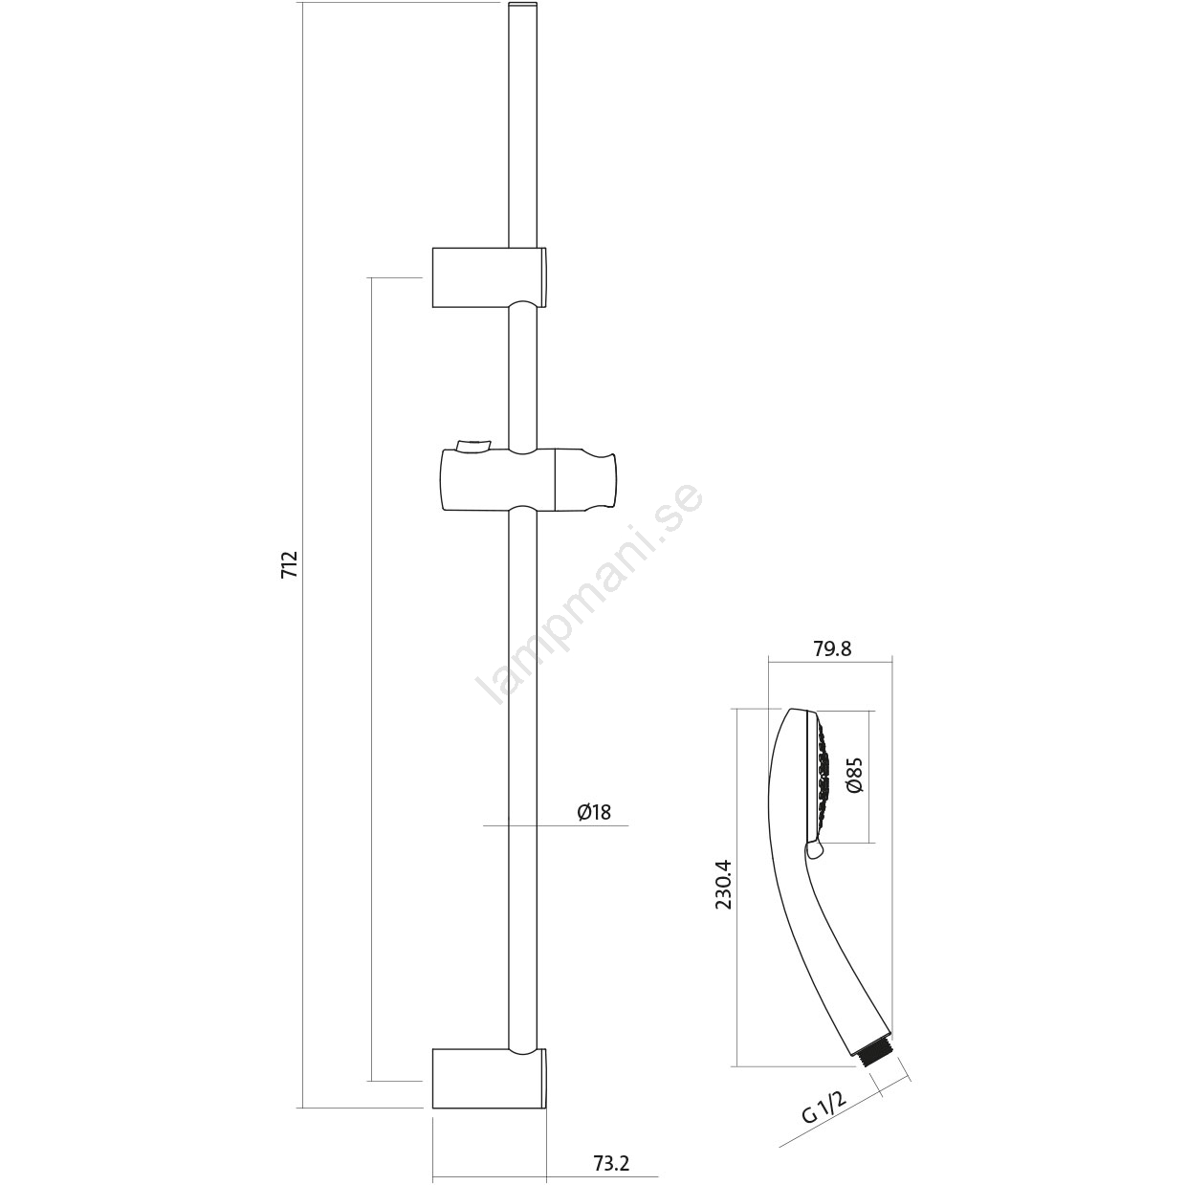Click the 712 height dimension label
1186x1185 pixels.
[x=289, y=564]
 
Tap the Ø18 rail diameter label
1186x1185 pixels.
[x=595, y=812]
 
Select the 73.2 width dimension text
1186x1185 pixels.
[x=612, y=1146]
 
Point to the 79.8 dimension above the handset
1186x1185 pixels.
[x=834, y=648]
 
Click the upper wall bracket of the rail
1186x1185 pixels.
[x=490, y=277]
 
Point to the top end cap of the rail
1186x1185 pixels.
[x=524, y=6]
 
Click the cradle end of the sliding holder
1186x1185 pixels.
[x=585, y=480]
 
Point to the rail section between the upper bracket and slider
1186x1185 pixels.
[x=524, y=377]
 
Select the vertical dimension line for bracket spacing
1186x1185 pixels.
[x=370, y=677]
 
